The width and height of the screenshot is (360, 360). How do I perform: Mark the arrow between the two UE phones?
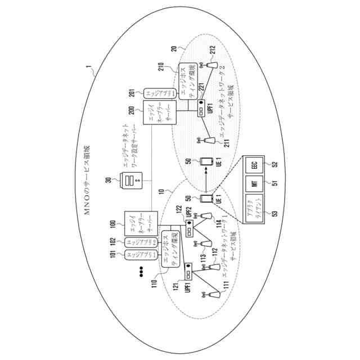[205, 181]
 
